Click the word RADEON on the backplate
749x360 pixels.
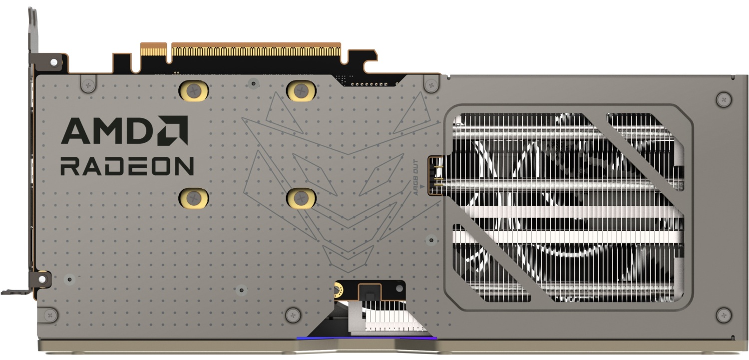(x=127, y=166)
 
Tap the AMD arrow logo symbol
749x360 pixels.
(x=173, y=130)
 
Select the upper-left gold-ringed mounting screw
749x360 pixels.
(x=194, y=90)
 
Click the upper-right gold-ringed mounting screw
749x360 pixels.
(x=301, y=90)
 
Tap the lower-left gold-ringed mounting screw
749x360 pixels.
(x=194, y=198)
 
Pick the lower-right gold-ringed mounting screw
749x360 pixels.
(x=301, y=198)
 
